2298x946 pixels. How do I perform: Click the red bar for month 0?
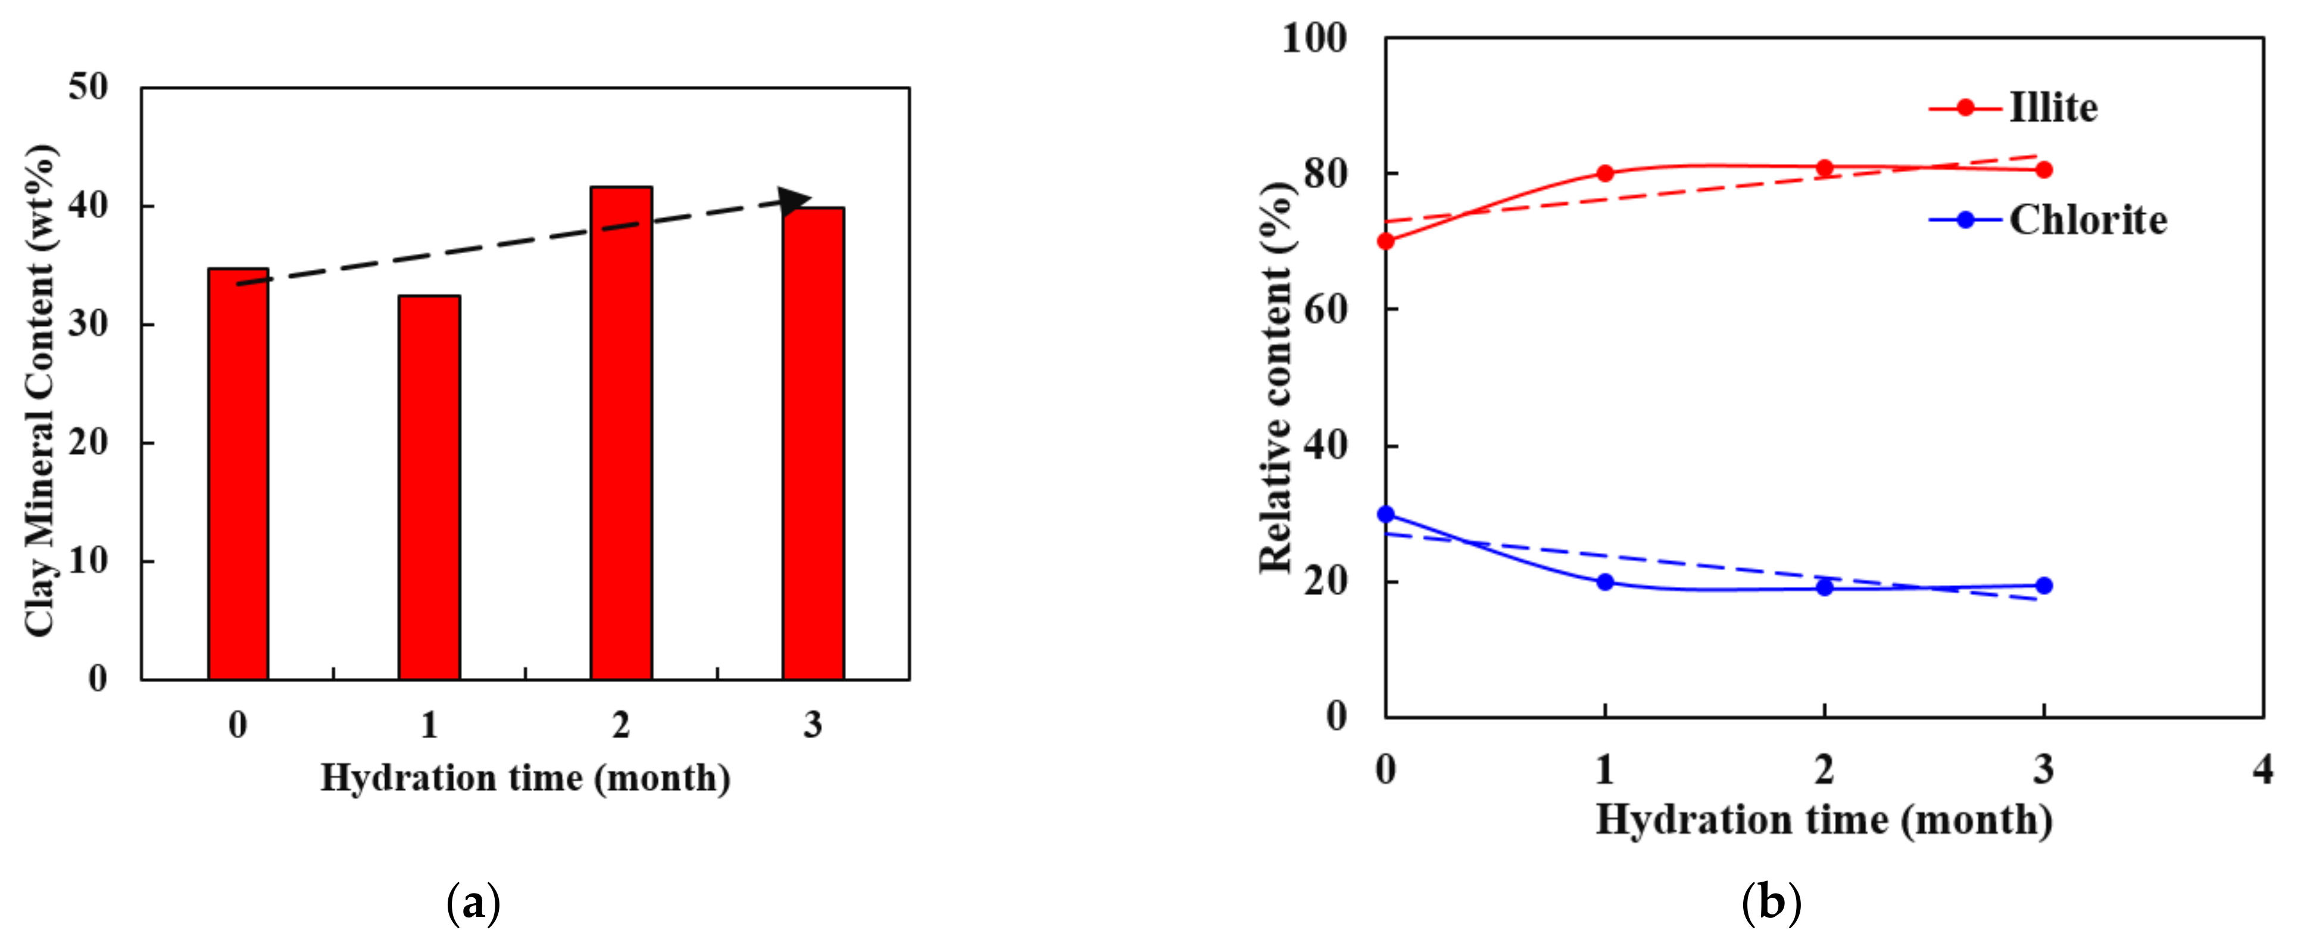pyautogui.click(x=238, y=473)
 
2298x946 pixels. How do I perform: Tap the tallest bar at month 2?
pyautogui.click(x=621, y=433)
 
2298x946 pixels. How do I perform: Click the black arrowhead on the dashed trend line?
pyautogui.click(x=794, y=201)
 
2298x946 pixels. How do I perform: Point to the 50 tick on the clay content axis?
pyautogui.click(x=88, y=88)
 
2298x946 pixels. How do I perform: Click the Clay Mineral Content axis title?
pyautogui.click(x=40, y=391)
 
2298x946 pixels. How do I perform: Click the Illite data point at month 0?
pyautogui.click(x=1385, y=241)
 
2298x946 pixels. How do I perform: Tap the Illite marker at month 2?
pyautogui.click(x=1824, y=168)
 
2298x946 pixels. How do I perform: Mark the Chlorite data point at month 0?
pyautogui.click(x=1385, y=514)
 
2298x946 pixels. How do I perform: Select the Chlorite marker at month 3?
pyautogui.click(x=2044, y=586)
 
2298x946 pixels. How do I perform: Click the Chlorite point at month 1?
pyautogui.click(x=1605, y=582)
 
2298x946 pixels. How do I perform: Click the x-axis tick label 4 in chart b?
pyautogui.click(x=2262, y=769)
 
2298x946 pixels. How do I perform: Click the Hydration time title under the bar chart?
pyautogui.click(x=526, y=778)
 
